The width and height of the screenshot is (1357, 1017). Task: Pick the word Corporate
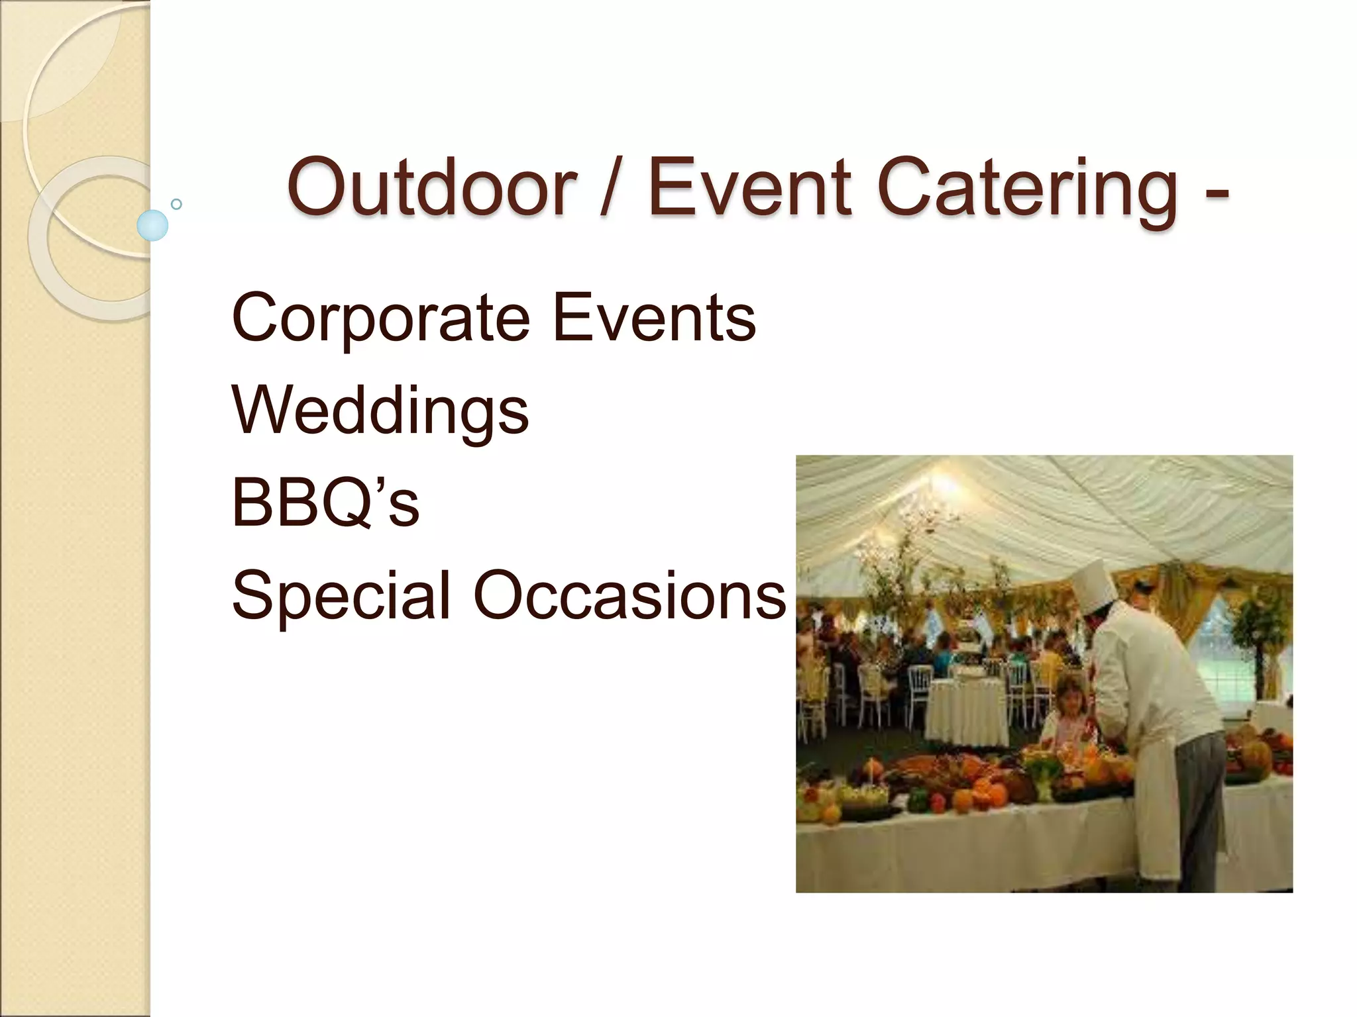click(x=380, y=319)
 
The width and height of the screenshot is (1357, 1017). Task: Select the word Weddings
click(x=380, y=412)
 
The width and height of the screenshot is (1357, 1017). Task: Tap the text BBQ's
click(x=325, y=503)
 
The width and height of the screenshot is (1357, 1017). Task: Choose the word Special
click(x=341, y=596)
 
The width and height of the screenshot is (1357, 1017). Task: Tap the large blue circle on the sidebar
click(x=152, y=225)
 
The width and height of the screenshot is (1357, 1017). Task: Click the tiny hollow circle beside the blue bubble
click(x=176, y=204)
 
